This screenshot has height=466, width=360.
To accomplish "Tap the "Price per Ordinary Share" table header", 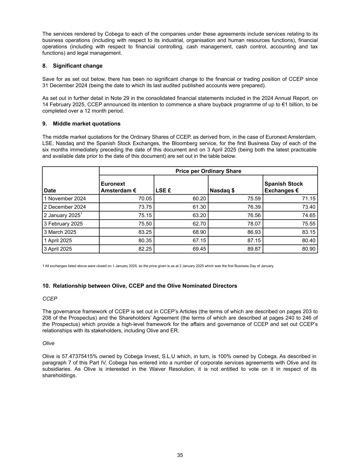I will [x=208, y=171].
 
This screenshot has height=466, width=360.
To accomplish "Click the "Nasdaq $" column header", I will [x=222, y=190].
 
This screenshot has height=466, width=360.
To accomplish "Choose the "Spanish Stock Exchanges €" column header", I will [x=284, y=187].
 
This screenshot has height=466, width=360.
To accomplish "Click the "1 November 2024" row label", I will [x=65, y=199].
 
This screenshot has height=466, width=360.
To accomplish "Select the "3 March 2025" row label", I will [x=60, y=232].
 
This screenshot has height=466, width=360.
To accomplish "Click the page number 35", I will [x=180, y=455].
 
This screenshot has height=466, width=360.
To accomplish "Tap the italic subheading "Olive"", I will [x=48, y=343].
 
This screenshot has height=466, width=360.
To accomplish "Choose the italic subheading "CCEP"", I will [x=50, y=299].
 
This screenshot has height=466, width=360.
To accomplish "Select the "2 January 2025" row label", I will [x=63, y=215].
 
